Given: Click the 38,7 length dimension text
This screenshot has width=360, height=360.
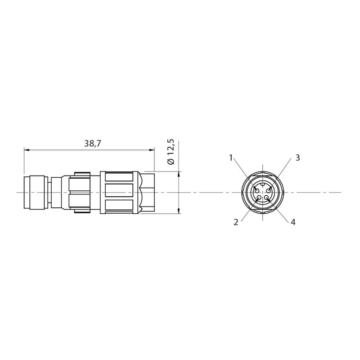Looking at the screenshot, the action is [93, 144].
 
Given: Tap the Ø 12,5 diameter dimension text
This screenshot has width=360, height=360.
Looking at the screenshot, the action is [171, 152].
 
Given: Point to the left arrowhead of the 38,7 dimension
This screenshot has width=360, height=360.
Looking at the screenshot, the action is [27, 150].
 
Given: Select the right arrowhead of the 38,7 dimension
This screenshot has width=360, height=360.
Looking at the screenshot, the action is [152, 150].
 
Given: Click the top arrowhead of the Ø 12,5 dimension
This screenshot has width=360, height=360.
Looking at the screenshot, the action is [179, 174].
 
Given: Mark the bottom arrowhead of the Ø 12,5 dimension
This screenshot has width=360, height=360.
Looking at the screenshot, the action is [179, 211].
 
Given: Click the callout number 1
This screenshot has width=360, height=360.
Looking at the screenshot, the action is [231, 158].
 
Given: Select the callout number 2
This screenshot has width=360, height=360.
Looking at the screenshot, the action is [236, 222].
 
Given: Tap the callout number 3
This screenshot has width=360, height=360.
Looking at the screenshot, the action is [297, 158].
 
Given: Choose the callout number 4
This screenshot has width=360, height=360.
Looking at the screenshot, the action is [293, 222].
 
